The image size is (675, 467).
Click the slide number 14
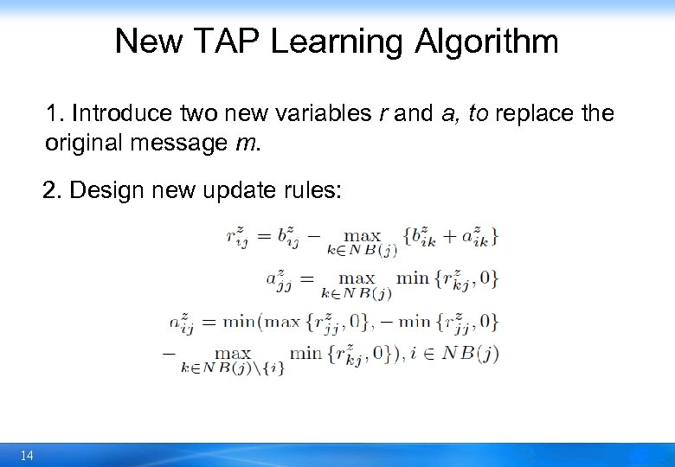pyautogui.click(x=27, y=455)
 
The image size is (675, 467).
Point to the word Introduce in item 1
pyautogui.click(x=123, y=113)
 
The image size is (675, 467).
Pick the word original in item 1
pyautogui.click(x=85, y=142)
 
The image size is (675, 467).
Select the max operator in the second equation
pyautogui.click(x=357, y=278)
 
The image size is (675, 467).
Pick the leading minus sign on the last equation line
pyautogui.click(x=168, y=353)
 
